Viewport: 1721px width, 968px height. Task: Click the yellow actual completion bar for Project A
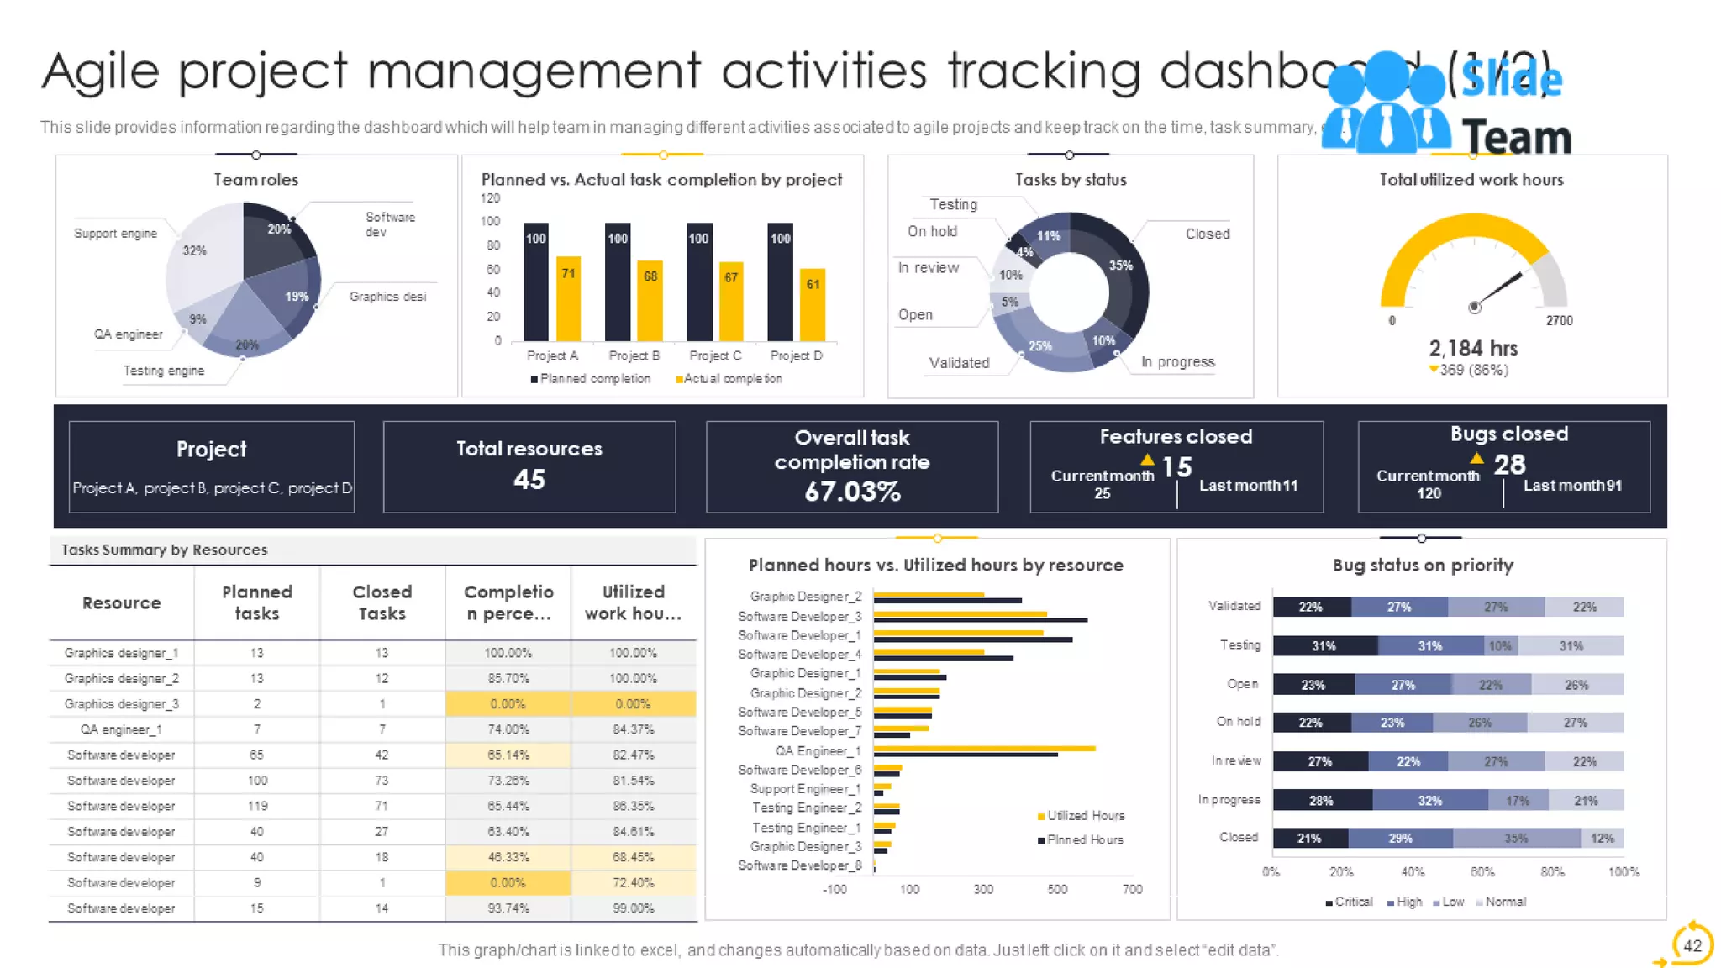click(x=569, y=298)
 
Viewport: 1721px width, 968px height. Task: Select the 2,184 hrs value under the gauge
click(x=1473, y=348)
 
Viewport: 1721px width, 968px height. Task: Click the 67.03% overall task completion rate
click(x=852, y=492)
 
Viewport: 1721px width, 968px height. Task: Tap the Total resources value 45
click(x=529, y=479)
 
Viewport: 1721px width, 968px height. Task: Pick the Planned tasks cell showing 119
click(x=257, y=806)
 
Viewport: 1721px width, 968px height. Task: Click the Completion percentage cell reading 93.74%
click(x=508, y=908)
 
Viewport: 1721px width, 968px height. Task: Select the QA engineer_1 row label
click(x=122, y=729)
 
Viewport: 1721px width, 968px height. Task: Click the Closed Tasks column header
click(x=382, y=602)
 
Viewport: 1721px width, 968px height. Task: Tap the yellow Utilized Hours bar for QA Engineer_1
click(x=983, y=748)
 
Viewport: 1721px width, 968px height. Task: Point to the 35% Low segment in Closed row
click(x=1516, y=838)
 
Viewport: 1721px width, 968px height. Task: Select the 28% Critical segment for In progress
click(x=1322, y=800)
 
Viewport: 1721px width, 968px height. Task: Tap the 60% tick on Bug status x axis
click(x=1482, y=872)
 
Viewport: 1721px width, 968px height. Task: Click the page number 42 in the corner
click(x=1692, y=945)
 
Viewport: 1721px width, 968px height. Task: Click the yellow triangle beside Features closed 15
click(x=1147, y=460)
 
